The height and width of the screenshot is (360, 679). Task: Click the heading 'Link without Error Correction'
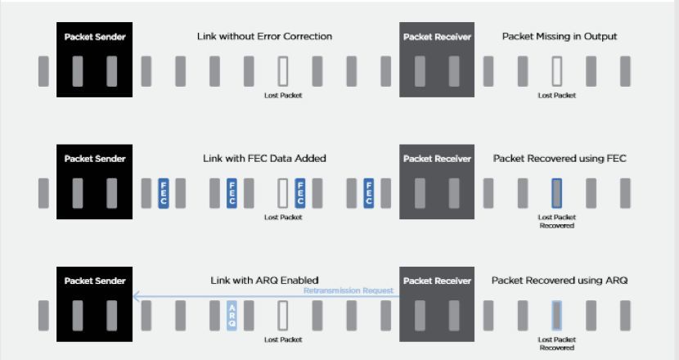(264, 37)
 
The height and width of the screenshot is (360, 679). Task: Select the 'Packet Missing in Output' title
(560, 37)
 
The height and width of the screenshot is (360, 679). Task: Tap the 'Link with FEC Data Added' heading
(264, 158)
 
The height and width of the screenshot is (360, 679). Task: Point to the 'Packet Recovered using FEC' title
(560, 158)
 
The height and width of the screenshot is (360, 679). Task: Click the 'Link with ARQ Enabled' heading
(264, 281)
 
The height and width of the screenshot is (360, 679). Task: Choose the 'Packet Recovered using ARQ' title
(560, 281)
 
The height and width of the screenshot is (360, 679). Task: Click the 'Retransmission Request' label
(354, 290)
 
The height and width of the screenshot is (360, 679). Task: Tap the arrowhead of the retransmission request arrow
(136, 297)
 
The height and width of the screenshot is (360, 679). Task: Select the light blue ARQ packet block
(232, 316)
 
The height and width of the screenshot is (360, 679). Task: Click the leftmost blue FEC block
(164, 193)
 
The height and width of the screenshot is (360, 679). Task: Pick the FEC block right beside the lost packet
(300, 193)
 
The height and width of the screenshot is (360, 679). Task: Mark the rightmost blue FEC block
(369, 193)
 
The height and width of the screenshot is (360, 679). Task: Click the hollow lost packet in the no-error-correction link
(283, 71)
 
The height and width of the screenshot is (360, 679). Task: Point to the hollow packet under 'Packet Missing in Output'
(556, 71)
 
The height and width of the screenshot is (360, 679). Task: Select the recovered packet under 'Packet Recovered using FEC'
(556, 193)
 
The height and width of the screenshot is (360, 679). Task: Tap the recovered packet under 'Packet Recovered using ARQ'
(556, 316)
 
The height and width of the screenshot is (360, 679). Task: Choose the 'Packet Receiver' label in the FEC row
(437, 159)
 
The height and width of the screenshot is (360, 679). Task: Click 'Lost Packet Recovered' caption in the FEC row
(556, 221)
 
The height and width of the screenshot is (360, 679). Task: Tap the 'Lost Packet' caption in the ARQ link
(283, 339)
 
